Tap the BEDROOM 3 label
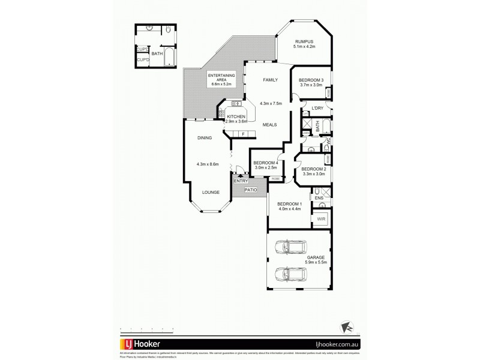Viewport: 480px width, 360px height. tap(311, 80)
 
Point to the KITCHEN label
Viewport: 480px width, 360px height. tap(235, 116)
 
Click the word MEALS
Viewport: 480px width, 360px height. tap(269, 125)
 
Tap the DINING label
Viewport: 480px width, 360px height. tap(205, 138)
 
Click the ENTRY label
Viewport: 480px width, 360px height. tap(241, 181)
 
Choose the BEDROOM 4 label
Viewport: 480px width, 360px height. tap(265, 163)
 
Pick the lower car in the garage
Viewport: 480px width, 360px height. tap(289, 275)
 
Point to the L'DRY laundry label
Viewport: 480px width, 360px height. tap(317, 108)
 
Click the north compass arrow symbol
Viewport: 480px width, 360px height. tap(345, 325)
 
